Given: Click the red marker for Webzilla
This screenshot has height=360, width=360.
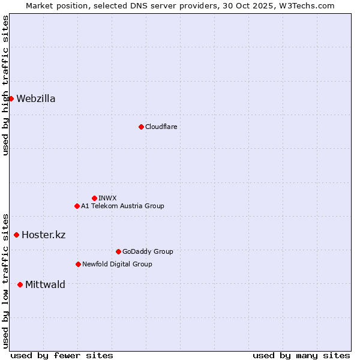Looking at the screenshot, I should click(x=11, y=98).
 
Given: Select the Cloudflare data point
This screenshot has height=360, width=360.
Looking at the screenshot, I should click(x=141, y=127).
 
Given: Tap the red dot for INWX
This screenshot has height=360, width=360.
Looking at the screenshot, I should click(x=94, y=198).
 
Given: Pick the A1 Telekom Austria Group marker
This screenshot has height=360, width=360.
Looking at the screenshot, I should click(x=77, y=206).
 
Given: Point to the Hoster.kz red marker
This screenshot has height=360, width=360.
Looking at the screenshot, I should click(x=16, y=235).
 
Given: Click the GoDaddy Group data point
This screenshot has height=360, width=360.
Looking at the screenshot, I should click(x=118, y=251).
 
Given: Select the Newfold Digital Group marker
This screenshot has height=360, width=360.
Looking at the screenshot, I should click(x=78, y=264).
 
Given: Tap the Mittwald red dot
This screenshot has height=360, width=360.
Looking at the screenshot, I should click(x=20, y=284).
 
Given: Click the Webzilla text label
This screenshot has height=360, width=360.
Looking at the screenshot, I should click(x=36, y=99).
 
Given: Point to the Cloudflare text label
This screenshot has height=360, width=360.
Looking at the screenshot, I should click(x=161, y=127).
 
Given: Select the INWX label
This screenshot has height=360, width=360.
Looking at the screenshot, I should click(x=107, y=198).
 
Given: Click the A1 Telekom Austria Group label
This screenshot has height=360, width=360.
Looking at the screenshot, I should click(x=122, y=206).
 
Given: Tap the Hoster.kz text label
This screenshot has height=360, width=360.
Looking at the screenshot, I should click(x=43, y=235).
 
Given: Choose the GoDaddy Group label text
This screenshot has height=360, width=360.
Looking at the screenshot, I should click(x=148, y=251).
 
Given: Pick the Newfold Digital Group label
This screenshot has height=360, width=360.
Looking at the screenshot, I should click(x=117, y=264).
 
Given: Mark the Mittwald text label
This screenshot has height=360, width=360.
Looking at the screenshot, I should click(x=45, y=284).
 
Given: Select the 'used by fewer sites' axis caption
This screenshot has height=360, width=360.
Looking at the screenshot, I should click(x=62, y=355).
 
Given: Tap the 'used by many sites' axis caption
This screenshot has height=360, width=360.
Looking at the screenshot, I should click(x=301, y=355).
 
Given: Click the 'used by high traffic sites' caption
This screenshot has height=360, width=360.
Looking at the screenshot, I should click(x=5, y=85).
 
